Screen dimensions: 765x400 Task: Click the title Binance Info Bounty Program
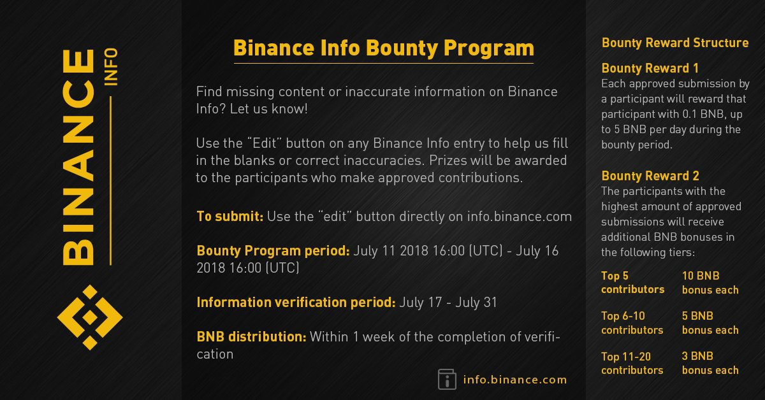384,48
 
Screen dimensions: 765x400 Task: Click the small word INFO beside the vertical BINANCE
112,66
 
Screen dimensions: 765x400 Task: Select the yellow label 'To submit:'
230,217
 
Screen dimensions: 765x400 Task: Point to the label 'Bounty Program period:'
273,251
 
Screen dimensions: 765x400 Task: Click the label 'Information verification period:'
296,303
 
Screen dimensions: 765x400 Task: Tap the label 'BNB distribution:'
251,337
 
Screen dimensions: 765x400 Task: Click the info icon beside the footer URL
447,379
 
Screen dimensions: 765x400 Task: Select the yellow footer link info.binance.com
515,380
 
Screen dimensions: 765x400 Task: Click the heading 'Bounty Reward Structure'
675,43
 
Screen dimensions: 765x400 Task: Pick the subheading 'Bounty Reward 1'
650,68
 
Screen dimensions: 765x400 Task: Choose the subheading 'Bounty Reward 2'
650,176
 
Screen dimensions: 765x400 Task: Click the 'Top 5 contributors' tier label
633,283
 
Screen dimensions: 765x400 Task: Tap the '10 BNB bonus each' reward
710,283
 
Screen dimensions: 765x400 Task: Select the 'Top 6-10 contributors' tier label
632,323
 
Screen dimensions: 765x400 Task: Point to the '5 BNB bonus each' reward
710,323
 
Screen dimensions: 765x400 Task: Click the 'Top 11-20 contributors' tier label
632,363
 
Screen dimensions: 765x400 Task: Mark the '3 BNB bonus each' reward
710,363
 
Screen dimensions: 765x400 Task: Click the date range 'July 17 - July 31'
448,303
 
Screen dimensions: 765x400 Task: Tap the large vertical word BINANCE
78,157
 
